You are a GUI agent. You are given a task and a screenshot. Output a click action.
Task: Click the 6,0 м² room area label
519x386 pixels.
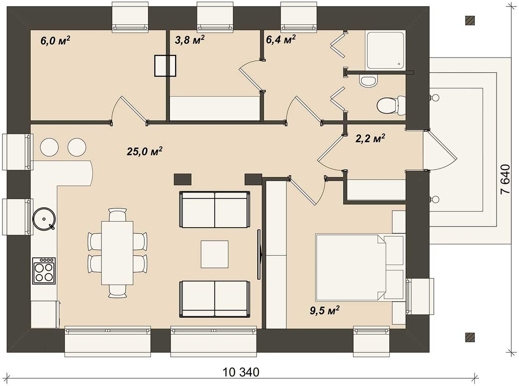pyautogui.click(x=55, y=41)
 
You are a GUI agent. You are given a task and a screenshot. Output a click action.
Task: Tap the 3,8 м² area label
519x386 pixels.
pyautogui.click(x=189, y=40)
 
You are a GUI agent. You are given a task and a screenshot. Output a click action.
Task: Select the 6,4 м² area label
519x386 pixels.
pyautogui.click(x=281, y=39)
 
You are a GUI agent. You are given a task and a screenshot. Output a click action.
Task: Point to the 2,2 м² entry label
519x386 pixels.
pyautogui.click(x=370, y=139)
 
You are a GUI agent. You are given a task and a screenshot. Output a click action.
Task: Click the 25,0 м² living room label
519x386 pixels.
pyautogui.click(x=144, y=151)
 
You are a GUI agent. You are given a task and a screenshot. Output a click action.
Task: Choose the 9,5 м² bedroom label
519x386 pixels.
pyautogui.click(x=324, y=311)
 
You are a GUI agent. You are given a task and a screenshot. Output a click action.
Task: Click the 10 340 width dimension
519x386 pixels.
pyautogui.click(x=241, y=372)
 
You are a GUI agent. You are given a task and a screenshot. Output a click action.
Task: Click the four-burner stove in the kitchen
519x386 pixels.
pyautogui.click(x=44, y=270)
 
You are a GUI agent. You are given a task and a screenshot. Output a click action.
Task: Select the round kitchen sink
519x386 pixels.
pyautogui.click(x=44, y=219)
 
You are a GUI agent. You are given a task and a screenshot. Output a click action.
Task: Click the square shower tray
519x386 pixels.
pyautogui.click(x=385, y=51)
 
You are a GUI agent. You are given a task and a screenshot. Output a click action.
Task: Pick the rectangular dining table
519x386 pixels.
pyautogui.click(x=117, y=253)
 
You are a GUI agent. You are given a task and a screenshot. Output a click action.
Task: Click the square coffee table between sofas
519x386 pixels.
pyautogui.click(x=215, y=254)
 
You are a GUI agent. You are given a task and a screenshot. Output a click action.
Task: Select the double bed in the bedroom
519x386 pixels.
pyautogui.click(x=360, y=267)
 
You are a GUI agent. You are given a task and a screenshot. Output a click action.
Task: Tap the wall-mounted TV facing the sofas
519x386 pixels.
pyautogui.click(x=259, y=254)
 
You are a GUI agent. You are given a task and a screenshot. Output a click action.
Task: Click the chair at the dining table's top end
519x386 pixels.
pyautogui.click(x=118, y=214)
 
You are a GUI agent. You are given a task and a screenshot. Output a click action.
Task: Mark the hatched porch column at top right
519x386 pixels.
pyautogui.click(x=470, y=21)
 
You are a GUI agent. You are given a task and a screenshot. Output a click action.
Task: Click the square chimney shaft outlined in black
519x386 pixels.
pyautogui.click(x=165, y=66)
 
